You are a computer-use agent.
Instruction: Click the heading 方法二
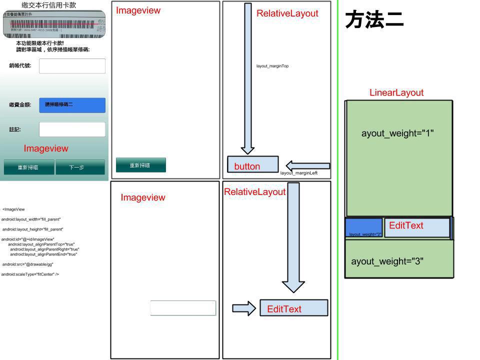point(374,20)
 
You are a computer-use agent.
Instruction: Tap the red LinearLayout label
point(396,92)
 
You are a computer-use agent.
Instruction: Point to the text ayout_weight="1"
point(397,133)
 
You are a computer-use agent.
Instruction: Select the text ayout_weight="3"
point(387,261)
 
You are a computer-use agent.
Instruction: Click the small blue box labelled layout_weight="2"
point(364,227)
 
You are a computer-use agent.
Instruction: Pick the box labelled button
point(252,164)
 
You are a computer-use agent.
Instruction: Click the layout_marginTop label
point(272,66)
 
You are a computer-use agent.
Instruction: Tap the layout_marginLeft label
point(298,173)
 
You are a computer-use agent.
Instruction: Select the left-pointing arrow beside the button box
point(307,165)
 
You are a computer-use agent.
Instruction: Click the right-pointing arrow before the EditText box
point(244,308)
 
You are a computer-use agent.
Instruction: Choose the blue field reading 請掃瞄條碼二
point(72,105)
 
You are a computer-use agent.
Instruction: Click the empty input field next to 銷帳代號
point(72,66)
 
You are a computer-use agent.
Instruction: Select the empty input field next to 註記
point(72,129)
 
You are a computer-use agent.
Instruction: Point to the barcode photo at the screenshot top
point(54,24)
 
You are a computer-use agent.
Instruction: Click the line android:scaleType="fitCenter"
point(30,274)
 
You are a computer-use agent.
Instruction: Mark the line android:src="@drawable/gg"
point(27,264)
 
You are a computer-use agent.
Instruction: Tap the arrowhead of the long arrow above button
point(247,149)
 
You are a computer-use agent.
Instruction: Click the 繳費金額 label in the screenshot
point(20,105)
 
